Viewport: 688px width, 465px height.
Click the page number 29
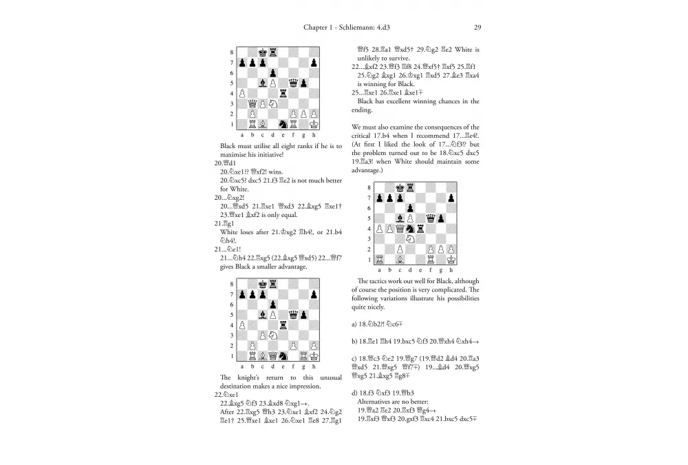[477, 28]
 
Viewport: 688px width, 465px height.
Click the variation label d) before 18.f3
[354, 393]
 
